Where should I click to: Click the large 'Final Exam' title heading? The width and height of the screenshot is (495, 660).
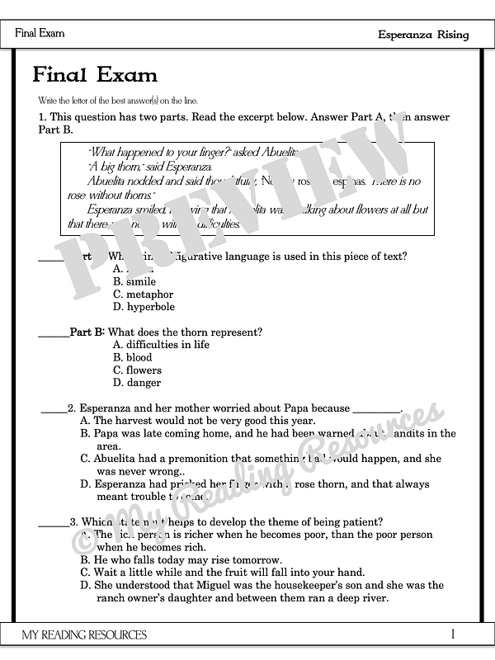(x=95, y=76)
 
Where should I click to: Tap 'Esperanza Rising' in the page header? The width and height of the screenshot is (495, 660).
(x=423, y=35)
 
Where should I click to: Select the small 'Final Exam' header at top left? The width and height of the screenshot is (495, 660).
(x=40, y=34)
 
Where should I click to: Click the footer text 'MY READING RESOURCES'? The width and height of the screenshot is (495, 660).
(x=85, y=634)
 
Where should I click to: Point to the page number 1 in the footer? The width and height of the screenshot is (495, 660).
(x=453, y=634)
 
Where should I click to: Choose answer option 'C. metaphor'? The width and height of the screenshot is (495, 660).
(x=144, y=294)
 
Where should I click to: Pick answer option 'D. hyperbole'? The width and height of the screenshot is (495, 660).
(x=144, y=307)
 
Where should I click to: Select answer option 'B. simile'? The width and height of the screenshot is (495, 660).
(x=134, y=281)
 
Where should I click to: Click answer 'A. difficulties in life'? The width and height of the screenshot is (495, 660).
(x=161, y=345)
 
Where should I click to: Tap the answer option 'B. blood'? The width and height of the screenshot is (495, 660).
(x=132, y=357)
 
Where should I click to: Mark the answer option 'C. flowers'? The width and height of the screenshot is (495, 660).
(x=137, y=370)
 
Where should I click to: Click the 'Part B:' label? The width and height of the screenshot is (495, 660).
(x=87, y=332)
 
